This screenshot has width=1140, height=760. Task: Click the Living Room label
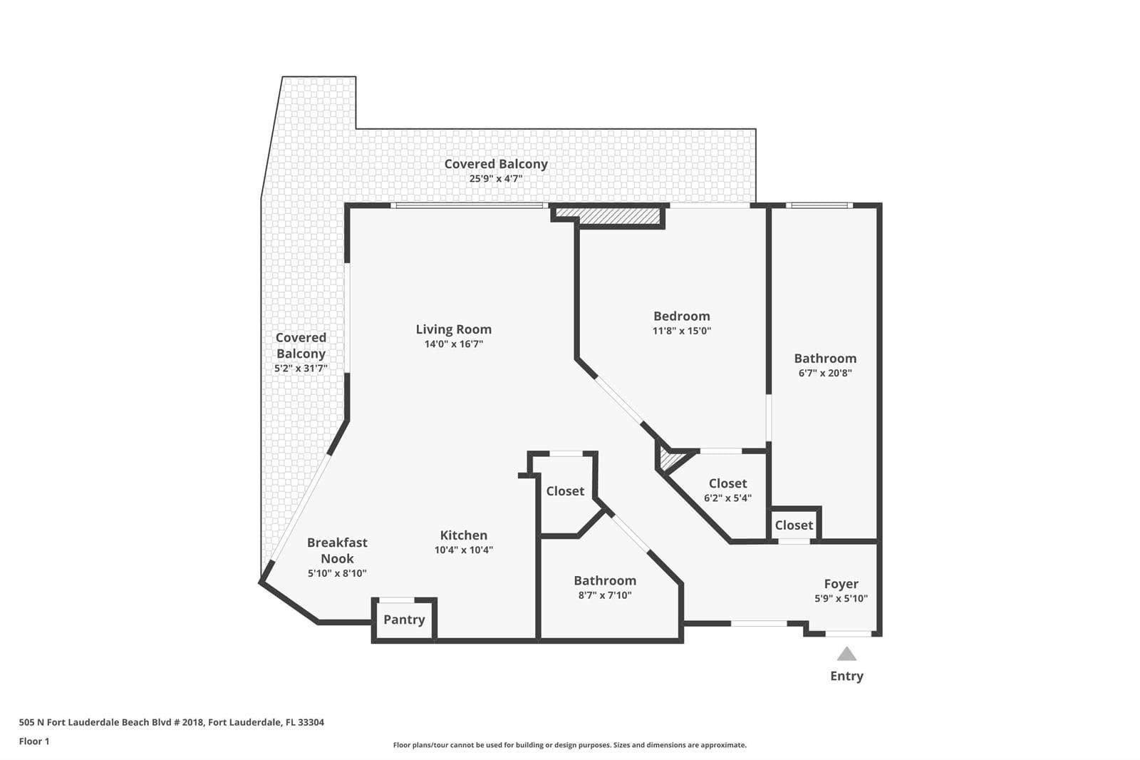[x=453, y=329]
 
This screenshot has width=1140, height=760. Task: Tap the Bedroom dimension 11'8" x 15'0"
[x=681, y=331]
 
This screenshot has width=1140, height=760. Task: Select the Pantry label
[x=404, y=620]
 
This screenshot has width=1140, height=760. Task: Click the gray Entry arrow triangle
[x=846, y=654]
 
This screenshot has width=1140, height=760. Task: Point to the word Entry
[x=846, y=676]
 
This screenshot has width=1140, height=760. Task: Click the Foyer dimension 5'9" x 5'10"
[x=841, y=599]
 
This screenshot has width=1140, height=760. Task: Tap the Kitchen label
[x=464, y=535]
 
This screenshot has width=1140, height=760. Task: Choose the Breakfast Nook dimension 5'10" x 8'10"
[x=337, y=573]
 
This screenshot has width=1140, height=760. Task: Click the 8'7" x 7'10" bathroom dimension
[x=605, y=595]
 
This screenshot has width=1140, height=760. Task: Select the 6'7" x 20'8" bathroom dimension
[x=825, y=373]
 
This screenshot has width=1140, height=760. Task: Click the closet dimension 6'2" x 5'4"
[x=727, y=498]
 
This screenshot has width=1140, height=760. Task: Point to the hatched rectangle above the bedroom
[x=609, y=216]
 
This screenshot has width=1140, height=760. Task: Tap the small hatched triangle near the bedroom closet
[x=670, y=458]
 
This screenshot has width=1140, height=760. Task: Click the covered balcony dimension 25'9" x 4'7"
[x=496, y=179]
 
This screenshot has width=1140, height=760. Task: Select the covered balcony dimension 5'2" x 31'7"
[x=301, y=369]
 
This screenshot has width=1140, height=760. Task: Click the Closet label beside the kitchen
[x=565, y=491]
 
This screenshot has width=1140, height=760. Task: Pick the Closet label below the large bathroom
[x=794, y=525]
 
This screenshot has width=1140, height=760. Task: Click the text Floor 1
[x=34, y=741]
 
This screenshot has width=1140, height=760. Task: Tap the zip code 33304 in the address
[x=311, y=722]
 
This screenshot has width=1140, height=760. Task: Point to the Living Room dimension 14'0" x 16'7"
[x=453, y=344]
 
